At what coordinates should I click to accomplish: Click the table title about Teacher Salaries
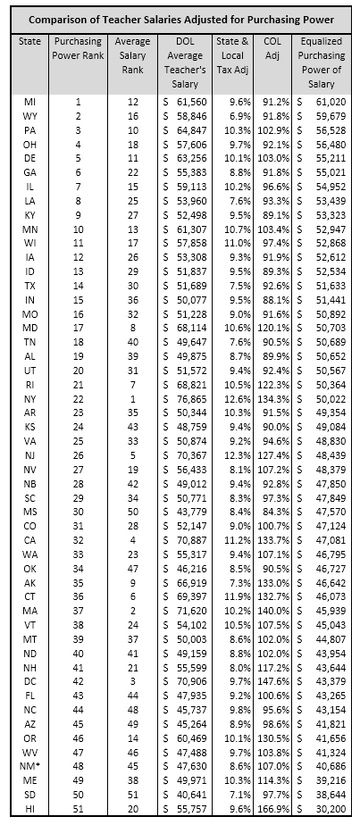(x=180, y=19)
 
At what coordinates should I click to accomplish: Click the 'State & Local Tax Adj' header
(x=233, y=54)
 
